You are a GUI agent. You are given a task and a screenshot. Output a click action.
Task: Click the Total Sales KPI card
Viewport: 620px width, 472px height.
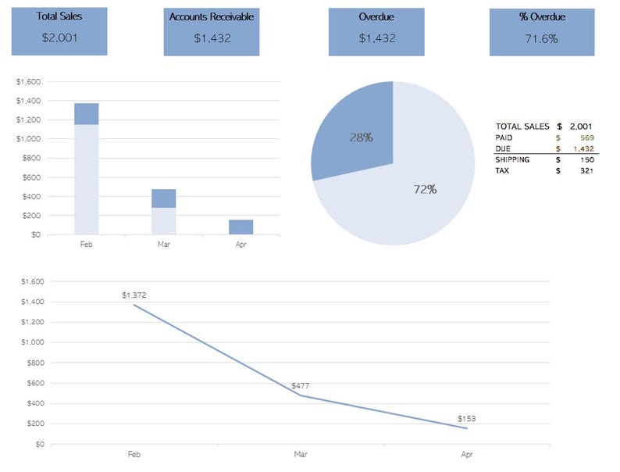59,31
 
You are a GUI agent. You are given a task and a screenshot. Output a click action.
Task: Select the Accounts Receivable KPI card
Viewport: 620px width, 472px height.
212,32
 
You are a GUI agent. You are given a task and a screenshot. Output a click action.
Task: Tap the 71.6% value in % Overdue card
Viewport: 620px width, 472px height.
540,38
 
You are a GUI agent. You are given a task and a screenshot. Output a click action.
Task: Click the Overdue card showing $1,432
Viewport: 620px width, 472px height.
376,32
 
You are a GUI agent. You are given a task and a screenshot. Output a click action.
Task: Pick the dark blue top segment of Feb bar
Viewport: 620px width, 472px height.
87,114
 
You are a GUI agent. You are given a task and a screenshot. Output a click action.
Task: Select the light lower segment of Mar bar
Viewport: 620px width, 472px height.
164,220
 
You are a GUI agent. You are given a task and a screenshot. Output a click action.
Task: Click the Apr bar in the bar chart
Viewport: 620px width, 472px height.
241,227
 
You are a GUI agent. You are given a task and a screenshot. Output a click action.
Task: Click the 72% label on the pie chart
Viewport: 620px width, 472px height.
426,189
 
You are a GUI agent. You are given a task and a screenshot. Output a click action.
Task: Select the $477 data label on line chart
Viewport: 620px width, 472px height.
301,386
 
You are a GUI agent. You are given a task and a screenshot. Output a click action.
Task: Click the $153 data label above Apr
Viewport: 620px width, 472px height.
467,419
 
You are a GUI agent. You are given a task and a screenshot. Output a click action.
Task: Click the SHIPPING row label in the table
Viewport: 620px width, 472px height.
512,159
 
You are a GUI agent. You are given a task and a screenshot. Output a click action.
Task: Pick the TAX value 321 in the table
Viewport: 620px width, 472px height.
585,170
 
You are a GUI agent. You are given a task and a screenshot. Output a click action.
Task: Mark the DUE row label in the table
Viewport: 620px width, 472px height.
503,148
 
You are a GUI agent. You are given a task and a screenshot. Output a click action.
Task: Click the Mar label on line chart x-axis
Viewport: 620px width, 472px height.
301,454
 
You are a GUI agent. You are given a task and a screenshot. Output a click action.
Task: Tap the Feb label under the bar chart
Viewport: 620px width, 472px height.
87,245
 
